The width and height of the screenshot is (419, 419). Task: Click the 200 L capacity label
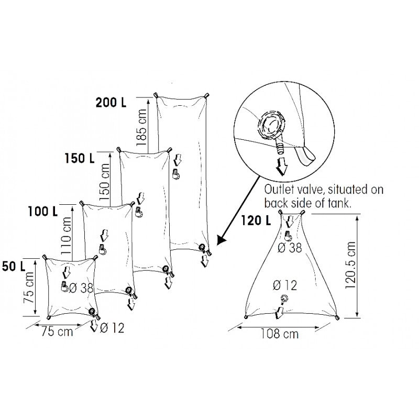[x=111, y=103]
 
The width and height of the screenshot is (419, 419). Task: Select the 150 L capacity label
[x=80, y=157]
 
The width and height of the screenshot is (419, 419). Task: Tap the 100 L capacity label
[x=43, y=212]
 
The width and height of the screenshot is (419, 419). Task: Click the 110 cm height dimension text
[x=67, y=236]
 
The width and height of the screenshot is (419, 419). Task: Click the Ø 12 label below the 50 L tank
[x=111, y=328]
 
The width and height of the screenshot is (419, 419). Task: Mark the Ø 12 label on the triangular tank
[x=285, y=285]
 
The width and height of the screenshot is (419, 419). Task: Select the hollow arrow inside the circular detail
[x=282, y=166]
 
